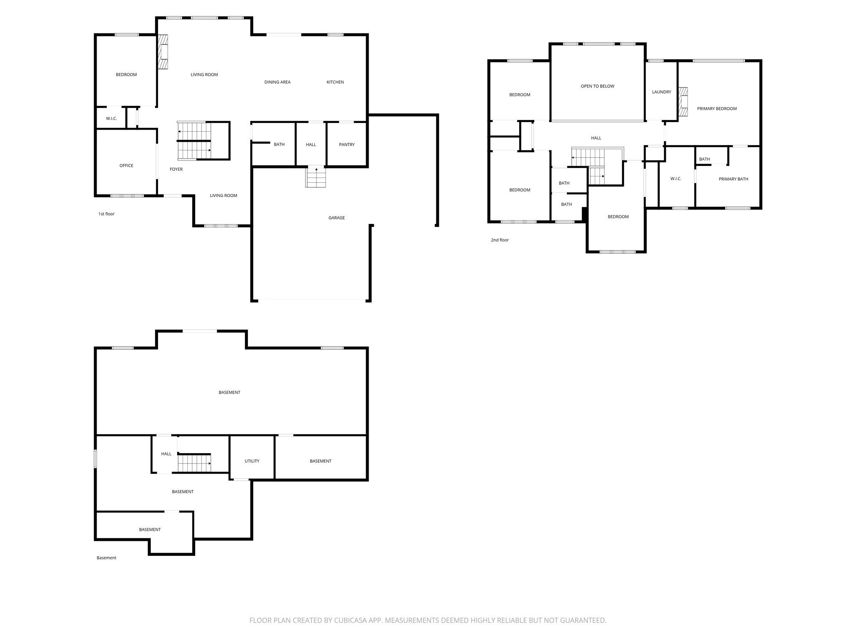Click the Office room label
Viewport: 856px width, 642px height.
(x=126, y=166)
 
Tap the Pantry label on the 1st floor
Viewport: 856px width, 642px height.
(x=346, y=145)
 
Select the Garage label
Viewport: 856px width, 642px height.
(x=336, y=218)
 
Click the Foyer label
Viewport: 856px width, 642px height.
(x=176, y=169)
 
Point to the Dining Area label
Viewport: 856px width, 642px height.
(x=277, y=82)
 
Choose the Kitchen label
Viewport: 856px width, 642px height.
(x=335, y=82)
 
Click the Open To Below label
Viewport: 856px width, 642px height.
(x=597, y=87)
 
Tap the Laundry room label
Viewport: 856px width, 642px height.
(x=661, y=92)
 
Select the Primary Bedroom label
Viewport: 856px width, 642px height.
(x=716, y=109)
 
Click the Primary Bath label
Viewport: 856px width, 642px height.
(x=733, y=179)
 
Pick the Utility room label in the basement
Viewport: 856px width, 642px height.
(x=252, y=461)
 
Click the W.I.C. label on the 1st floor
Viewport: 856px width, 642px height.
(x=111, y=119)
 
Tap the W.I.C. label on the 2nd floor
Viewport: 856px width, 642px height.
(x=675, y=179)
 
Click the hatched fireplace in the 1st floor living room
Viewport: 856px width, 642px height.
(x=163, y=51)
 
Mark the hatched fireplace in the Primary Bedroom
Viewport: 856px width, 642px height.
(x=683, y=102)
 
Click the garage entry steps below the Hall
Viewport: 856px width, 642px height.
(x=316, y=177)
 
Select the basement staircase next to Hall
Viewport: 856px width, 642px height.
(x=194, y=463)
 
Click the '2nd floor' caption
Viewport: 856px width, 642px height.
(x=499, y=240)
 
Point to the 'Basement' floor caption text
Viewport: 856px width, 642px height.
(x=106, y=558)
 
